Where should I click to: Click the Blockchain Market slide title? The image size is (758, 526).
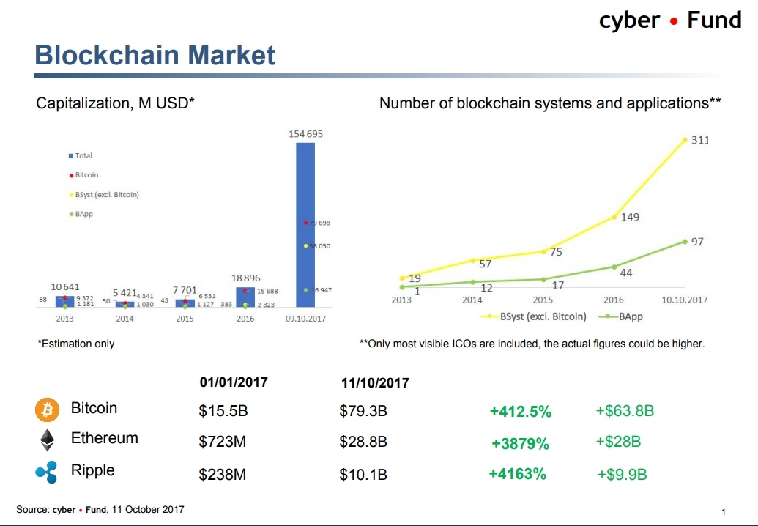(x=155, y=55)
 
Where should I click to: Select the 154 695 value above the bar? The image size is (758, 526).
(x=305, y=134)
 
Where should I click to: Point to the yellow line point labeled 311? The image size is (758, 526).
(x=685, y=140)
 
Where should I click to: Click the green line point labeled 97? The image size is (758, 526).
(x=685, y=241)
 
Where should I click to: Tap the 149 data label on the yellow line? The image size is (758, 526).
(x=631, y=217)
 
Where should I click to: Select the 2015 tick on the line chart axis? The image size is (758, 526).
(x=543, y=300)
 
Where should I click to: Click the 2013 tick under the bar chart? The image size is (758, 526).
(x=64, y=319)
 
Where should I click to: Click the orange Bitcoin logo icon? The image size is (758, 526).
(x=47, y=410)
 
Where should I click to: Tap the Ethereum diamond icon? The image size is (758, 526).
(x=47, y=440)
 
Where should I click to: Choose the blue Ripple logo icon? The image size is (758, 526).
(x=46, y=472)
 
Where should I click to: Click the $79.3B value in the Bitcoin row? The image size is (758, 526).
(x=363, y=411)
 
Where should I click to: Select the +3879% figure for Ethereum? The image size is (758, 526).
(x=520, y=443)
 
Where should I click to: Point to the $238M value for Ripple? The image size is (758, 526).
(x=222, y=475)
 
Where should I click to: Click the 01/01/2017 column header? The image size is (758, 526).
(x=234, y=382)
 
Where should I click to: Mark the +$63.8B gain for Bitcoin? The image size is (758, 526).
(x=625, y=411)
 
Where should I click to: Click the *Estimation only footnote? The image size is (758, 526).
(x=75, y=344)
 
